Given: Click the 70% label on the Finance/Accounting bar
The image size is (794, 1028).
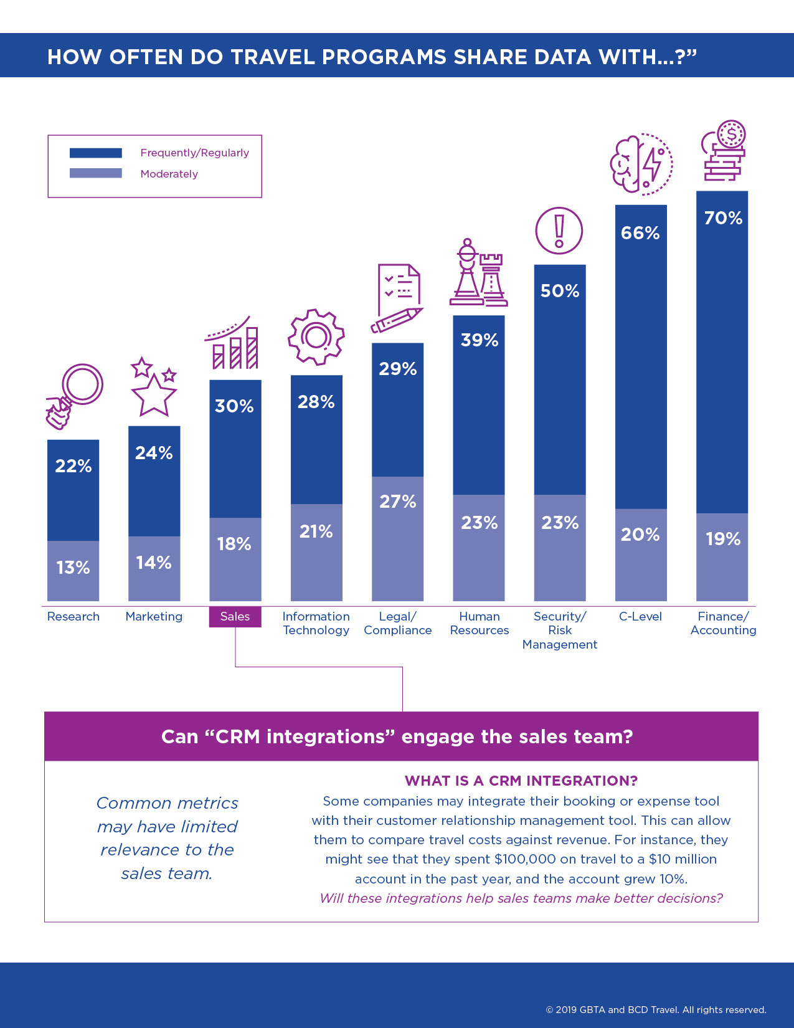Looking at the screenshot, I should click(x=723, y=218).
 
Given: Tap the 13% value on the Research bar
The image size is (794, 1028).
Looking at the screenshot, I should click(x=73, y=568).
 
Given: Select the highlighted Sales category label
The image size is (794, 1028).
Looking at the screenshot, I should click(x=235, y=617).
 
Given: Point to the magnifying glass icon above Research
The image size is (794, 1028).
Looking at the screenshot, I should click(x=75, y=395).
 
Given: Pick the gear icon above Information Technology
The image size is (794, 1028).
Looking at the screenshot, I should click(x=316, y=337).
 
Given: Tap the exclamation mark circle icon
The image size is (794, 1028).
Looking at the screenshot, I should click(x=559, y=231).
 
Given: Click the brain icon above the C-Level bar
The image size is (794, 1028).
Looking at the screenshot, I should click(x=641, y=164).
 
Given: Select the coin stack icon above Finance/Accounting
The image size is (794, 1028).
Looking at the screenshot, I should click(x=724, y=151).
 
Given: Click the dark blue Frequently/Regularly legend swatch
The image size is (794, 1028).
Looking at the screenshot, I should click(x=96, y=153).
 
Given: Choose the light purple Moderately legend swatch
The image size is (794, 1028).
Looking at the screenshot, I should click(x=96, y=173).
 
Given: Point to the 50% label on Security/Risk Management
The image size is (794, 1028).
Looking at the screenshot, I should click(x=560, y=291).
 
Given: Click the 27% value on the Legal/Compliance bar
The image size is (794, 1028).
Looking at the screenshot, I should click(x=398, y=502).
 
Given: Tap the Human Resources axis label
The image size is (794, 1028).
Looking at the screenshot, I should click(x=480, y=623).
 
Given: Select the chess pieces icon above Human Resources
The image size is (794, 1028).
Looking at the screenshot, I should click(x=478, y=274).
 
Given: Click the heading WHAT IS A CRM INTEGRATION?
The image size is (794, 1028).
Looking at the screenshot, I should click(x=521, y=781).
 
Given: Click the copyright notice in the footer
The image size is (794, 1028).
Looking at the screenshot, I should click(x=656, y=1010).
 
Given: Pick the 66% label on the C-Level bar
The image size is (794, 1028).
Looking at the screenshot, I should click(x=640, y=233).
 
